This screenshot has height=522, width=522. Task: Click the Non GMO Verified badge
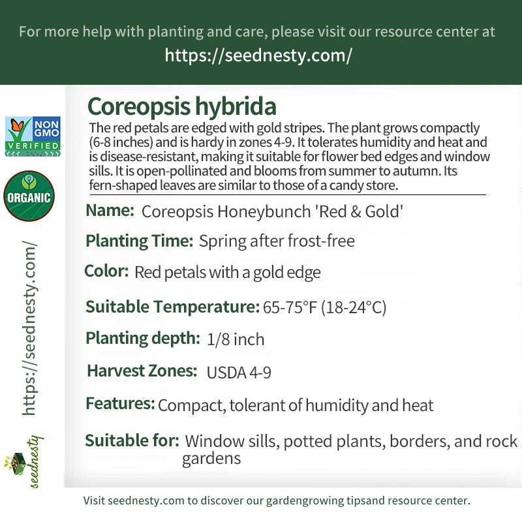(33, 136)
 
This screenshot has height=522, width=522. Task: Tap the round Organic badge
(29, 196)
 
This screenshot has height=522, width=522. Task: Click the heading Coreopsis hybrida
(181, 106)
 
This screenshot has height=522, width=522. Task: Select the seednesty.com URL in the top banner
(258, 55)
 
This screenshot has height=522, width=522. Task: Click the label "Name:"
(110, 211)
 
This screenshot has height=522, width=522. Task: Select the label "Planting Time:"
(139, 241)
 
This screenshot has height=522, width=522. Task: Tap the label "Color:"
(106, 271)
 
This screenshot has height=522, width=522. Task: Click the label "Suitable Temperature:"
(172, 307)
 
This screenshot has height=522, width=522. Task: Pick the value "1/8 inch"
(235, 339)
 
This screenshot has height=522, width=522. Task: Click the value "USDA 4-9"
(239, 373)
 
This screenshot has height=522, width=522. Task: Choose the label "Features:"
(120, 404)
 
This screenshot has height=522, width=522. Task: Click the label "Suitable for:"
(132, 440)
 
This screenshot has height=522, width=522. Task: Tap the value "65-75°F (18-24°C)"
(324, 307)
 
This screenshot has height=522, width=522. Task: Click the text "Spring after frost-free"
(277, 241)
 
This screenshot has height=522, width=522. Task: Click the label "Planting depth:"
(142, 338)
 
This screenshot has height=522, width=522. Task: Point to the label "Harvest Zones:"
(142, 371)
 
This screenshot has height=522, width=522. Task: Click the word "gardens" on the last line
(211, 459)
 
